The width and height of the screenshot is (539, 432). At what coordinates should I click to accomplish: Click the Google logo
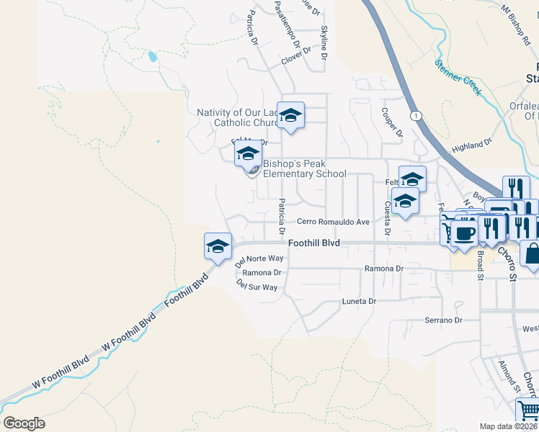24,423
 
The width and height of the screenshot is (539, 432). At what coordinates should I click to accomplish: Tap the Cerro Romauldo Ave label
334,222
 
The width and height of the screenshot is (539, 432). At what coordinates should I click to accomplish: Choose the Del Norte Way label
259,258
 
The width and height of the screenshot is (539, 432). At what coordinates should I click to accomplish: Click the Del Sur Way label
257,286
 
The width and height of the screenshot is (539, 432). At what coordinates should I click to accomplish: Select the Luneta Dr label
360,302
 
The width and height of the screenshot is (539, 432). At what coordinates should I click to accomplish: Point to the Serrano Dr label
442,320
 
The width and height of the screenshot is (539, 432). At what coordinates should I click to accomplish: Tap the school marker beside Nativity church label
290,115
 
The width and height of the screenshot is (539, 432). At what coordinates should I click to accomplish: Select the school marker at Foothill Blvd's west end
218,247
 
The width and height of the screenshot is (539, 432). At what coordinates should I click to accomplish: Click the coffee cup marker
465,233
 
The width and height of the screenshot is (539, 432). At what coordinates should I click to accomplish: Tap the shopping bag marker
533,254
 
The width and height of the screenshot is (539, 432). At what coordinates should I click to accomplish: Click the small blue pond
151,56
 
